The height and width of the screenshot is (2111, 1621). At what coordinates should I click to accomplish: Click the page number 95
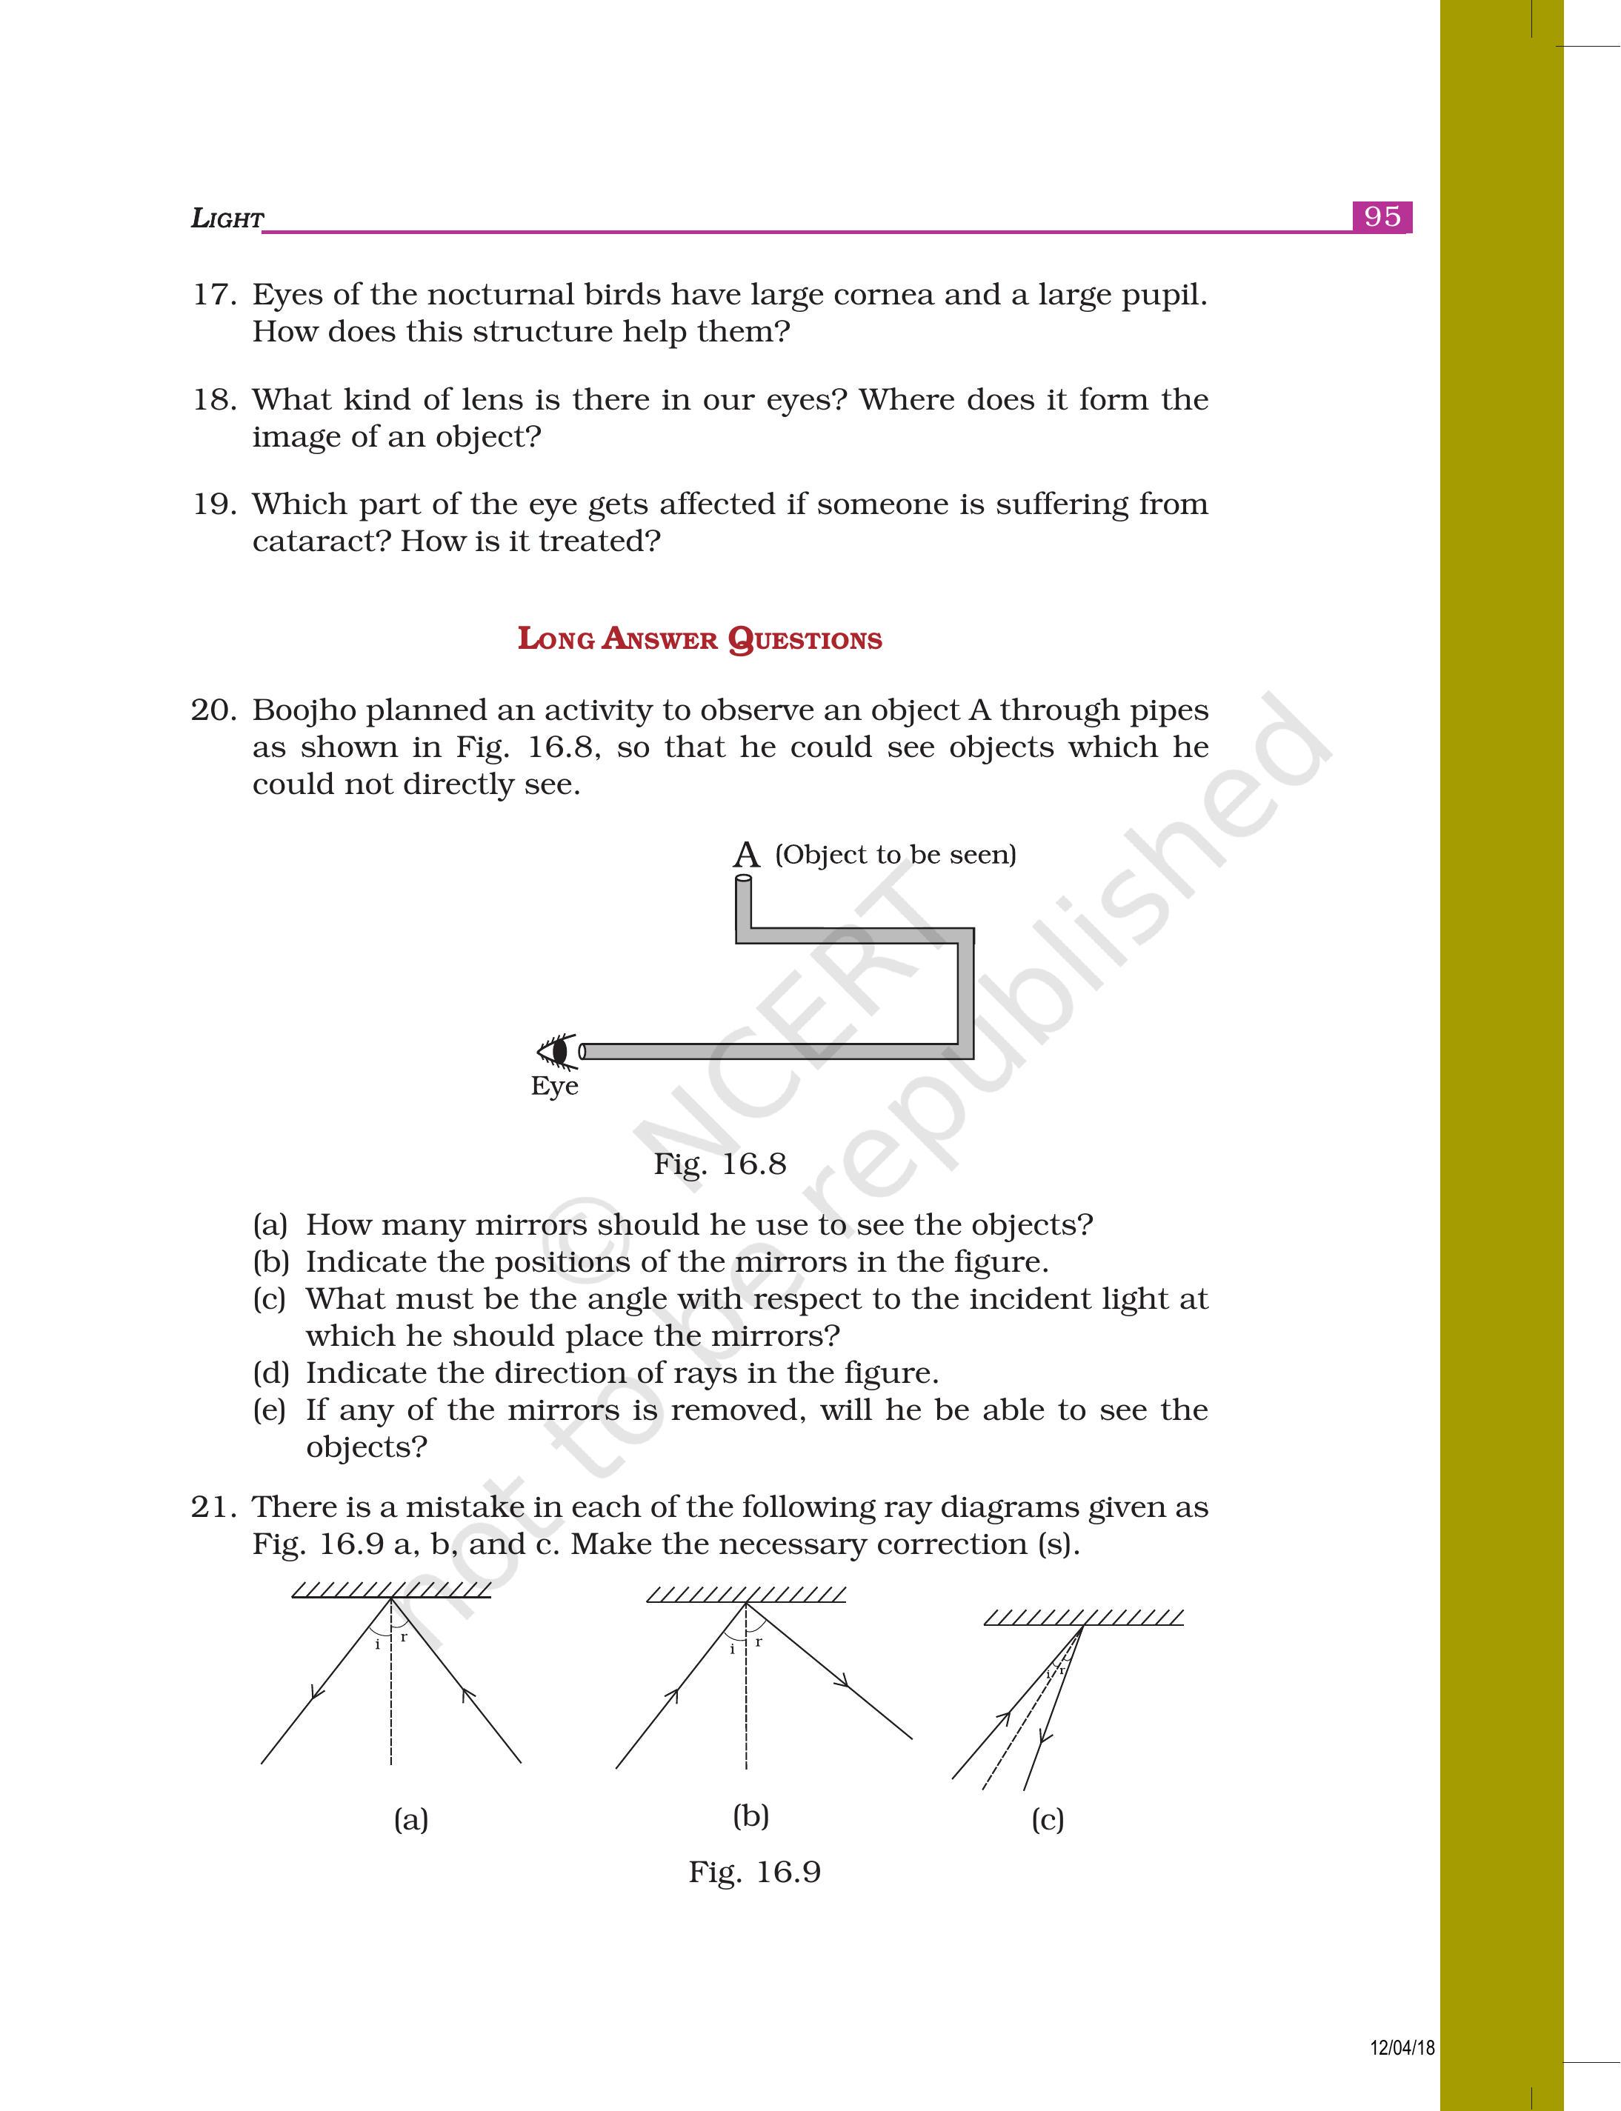pos(1382,216)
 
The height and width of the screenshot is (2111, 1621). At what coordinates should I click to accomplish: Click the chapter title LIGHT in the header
pos(227,219)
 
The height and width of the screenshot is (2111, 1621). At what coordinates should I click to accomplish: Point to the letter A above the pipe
pos(746,855)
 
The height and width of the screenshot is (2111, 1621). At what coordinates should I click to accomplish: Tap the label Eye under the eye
pos(554,1087)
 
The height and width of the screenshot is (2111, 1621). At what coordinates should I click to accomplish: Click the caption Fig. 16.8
pos(720,1164)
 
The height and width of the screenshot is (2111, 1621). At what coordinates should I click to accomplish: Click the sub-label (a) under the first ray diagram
pos(411,1820)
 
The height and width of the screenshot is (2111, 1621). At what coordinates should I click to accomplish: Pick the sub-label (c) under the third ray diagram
pos(1047,1820)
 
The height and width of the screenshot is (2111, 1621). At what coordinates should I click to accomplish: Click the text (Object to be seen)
pos(896,855)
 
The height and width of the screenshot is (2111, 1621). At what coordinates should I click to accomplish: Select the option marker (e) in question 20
pos(270,1410)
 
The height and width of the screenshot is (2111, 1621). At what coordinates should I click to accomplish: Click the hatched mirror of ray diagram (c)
pos(1084,1617)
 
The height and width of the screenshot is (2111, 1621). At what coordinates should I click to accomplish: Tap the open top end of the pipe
pos(743,880)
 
